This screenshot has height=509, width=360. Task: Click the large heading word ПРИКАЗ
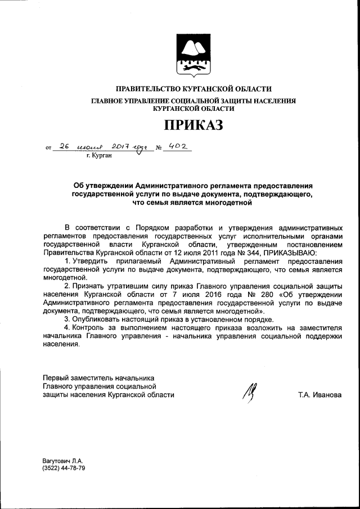click(193, 124)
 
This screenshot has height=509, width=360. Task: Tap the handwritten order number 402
click(173, 147)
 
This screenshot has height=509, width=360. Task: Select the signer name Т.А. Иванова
click(319, 395)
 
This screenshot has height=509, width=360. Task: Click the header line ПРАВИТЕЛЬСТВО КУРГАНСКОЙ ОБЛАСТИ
click(193, 89)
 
